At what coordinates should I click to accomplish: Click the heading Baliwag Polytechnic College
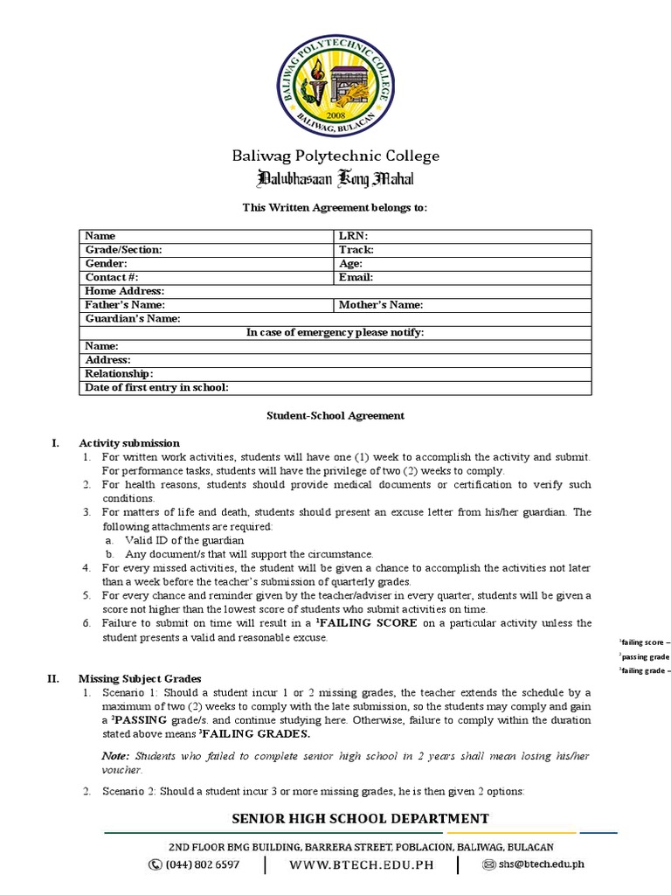[335, 156]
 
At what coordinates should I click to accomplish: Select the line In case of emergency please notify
[335, 332]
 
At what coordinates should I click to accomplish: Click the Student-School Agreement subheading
[335, 416]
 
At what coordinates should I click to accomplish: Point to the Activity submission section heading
[129, 443]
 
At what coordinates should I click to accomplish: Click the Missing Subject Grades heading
[140, 678]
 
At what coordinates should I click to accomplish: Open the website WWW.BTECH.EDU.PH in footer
[361, 864]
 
